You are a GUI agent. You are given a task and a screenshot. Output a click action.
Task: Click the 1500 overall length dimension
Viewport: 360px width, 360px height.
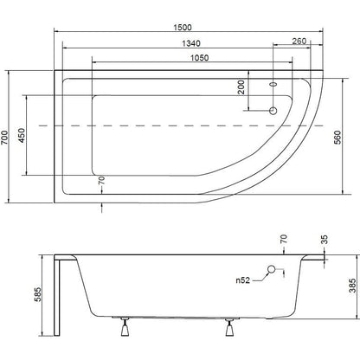click(x=183, y=28)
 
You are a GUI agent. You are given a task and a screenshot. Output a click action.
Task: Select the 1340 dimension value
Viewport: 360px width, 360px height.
click(x=191, y=43)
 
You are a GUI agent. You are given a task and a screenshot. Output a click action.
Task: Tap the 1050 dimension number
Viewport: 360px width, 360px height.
click(x=200, y=58)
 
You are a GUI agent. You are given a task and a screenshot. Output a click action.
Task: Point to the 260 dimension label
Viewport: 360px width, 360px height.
click(x=299, y=41)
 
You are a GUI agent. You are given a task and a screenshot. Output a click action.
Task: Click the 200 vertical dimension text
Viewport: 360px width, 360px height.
click(x=241, y=87)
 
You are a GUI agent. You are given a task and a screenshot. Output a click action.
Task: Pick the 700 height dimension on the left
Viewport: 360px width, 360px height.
click(x=5, y=138)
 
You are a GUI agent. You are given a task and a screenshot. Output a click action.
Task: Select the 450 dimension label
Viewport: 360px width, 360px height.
click(x=22, y=135)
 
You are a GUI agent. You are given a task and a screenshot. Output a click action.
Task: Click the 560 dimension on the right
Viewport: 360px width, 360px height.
click(x=337, y=138)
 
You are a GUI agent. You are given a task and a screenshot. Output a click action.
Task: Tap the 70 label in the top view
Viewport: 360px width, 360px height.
click(x=101, y=181)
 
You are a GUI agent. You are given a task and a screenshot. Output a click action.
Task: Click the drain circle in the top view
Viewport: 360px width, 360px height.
click(x=273, y=111)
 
